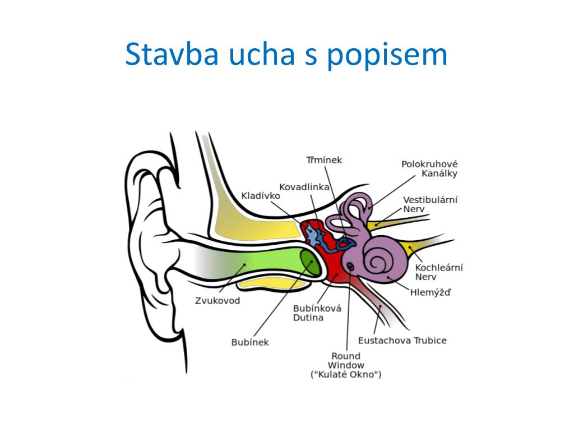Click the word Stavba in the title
click(172, 54)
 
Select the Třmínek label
click(324, 160)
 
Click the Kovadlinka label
click(304, 187)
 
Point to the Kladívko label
click(261, 196)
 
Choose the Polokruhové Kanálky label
click(429, 168)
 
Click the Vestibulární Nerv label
click(430, 204)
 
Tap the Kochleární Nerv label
click(439, 272)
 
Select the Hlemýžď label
click(430, 292)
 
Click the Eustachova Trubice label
click(402, 341)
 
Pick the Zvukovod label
click(217, 301)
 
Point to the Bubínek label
click(250, 342)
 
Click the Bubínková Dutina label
click(317, 313)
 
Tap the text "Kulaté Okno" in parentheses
click(346, 374)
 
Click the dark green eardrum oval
click(310, 263)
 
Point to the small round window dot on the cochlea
click(351, 267)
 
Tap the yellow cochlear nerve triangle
click(410, 249)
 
